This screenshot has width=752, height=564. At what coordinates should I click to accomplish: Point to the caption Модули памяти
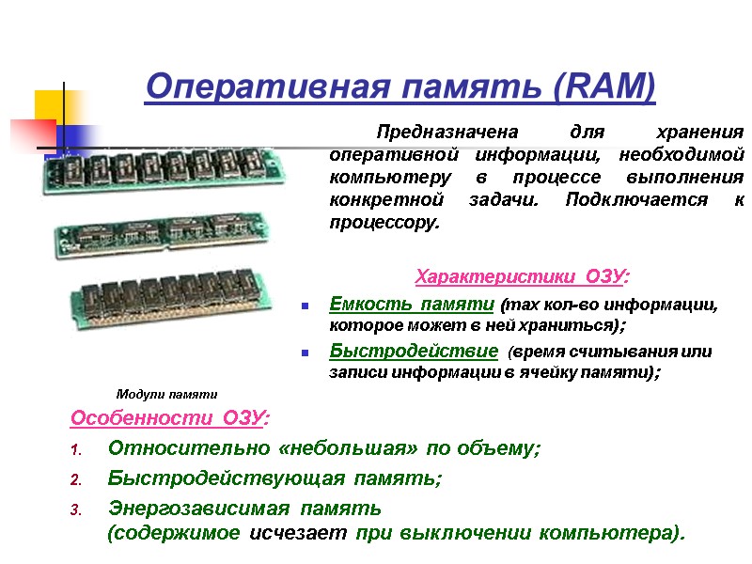click(x=166, y=394)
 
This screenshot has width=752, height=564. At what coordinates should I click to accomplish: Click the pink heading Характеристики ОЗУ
click(x=523, y=276)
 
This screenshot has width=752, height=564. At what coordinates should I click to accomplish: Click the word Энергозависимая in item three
click(x=199, y=509)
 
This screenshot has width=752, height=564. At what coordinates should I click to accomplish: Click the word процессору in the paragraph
click(x=384, y=223)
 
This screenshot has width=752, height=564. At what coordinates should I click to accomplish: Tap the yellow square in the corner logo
click(x=52, y=106)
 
